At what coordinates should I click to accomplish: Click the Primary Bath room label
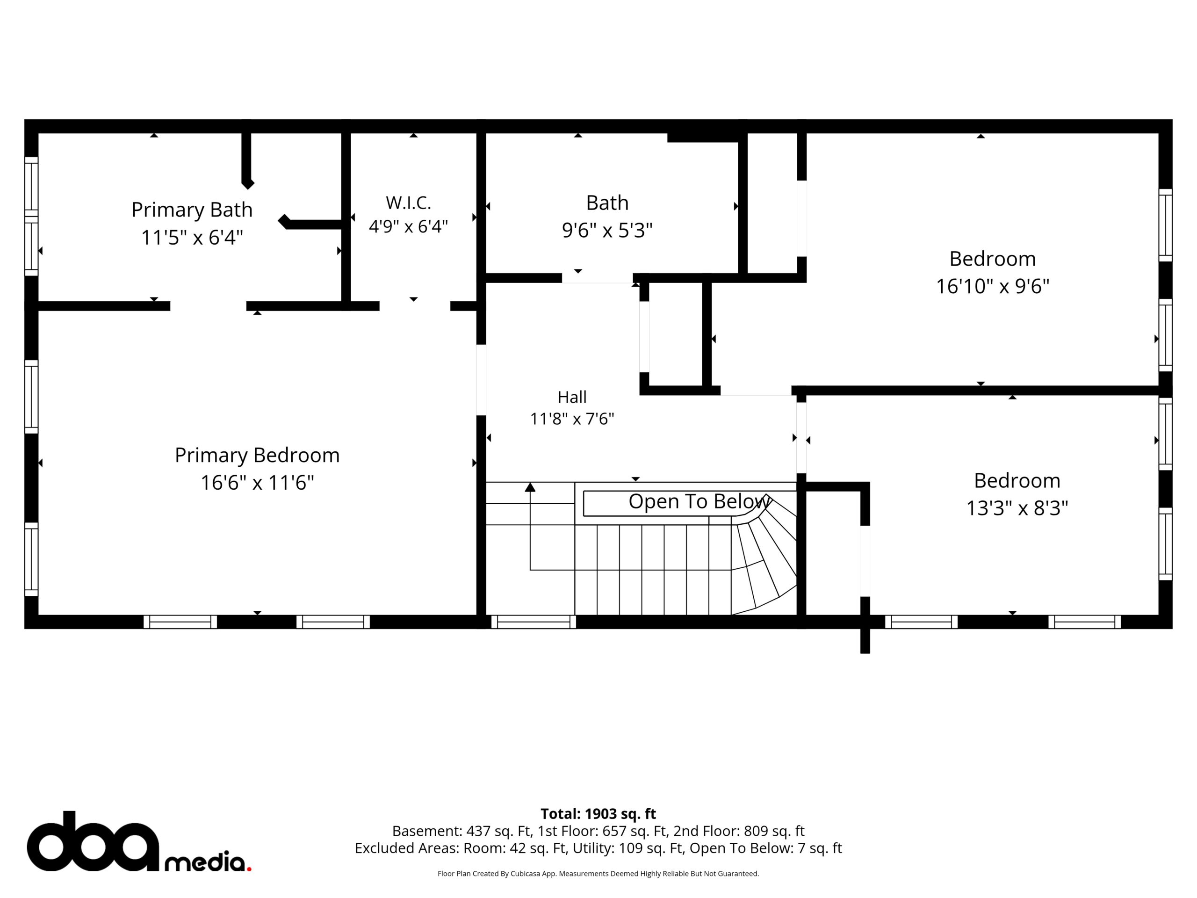click(192, 210)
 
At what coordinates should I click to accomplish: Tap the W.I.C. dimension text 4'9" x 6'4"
click(409, 226)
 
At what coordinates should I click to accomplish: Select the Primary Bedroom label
click(257, 456)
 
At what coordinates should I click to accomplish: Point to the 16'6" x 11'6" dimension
click(257, 483)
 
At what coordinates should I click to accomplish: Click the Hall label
click(572, 397)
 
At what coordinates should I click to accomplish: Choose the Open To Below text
click(699, 502)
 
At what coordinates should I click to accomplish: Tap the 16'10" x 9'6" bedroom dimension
click(993, 286)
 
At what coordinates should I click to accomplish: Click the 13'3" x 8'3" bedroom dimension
click(1017, 508)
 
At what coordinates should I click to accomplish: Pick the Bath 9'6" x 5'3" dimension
click(607, 231)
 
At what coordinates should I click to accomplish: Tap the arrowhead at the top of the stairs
click(530, 487)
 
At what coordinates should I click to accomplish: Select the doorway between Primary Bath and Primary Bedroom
click(209, 306)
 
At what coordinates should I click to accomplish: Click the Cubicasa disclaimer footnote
click(598, 874)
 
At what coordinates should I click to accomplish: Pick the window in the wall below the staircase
click(534, 622)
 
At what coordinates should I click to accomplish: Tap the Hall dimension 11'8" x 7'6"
click(572, 419)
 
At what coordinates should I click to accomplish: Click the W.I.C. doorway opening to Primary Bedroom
click(415, 306)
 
